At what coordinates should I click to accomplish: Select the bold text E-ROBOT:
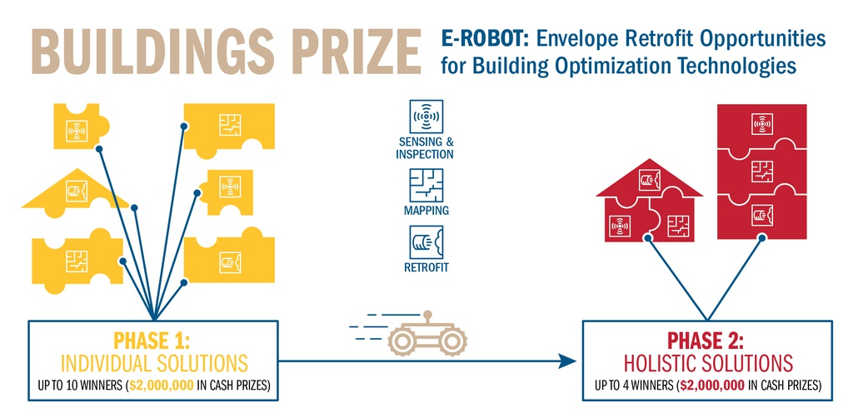pyautogui.click(x=486, y=39)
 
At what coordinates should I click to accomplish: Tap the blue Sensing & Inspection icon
pyautogui.click(x=426, y=117)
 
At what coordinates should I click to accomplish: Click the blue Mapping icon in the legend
pyautogui.click(x=426, y=186)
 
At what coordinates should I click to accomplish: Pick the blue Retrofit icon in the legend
pyautogui.click(x=426, y=242)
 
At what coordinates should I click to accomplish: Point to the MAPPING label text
pyautogui.click(x=426, y=211)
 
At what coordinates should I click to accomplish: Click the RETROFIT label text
pyautogui.click(x=426, y=267)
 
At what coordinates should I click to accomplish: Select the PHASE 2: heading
pyautogui.click(x=706, y=341)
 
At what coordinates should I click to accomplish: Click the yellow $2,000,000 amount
pyautogui.click(x=162, y=386)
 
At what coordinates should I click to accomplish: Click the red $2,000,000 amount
pyautogui.click(x=713, y=386)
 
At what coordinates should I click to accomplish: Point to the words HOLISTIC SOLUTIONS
pyautogui.click(x=708, y=363)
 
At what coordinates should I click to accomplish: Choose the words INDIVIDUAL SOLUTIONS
pyautogui.click(x=154, y=363)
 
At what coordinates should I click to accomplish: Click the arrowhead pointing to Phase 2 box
pyautogui.click(x=567, y=361)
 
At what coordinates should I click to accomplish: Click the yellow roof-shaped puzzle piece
pyautogui.click(x=75, y=192)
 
